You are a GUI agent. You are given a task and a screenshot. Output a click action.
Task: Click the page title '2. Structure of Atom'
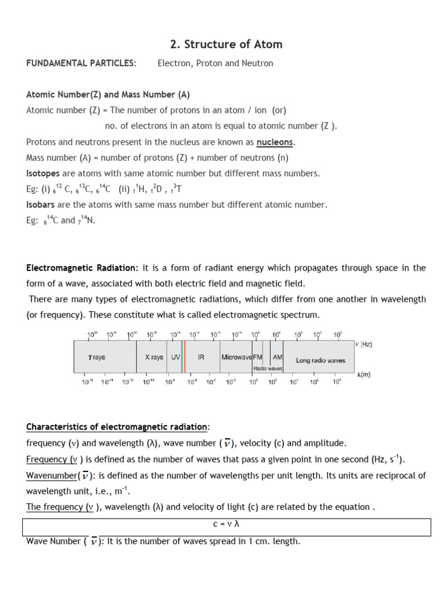226,44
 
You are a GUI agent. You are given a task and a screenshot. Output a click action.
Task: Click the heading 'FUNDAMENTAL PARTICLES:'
81,63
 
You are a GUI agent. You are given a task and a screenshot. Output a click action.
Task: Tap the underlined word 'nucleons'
275,142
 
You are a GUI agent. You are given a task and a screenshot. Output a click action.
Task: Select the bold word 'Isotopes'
43,173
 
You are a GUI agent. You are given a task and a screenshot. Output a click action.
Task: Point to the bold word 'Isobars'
41,205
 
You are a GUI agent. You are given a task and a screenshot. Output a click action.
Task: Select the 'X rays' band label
154,358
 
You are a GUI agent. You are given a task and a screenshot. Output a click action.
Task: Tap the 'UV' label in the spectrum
175,358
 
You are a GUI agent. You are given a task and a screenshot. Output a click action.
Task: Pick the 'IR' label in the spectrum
201,358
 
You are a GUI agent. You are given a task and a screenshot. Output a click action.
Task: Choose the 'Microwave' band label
236,358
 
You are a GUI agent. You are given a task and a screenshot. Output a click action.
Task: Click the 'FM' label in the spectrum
257,358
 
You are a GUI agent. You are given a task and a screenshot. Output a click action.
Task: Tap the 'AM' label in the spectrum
277,358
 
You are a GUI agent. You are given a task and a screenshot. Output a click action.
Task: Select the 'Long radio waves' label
320,360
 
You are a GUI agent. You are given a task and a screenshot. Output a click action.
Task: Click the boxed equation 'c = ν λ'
226,524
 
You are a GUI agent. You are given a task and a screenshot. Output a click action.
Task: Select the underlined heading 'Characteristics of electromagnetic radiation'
116,427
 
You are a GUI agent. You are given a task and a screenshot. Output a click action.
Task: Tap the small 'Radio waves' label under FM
267,368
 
